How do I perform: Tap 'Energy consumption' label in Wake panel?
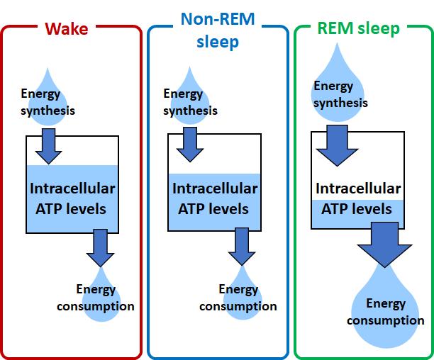point(105,298)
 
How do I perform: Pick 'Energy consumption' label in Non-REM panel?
point(238,298)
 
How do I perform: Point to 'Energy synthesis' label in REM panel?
point(340,95)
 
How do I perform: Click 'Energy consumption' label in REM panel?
point(386,312)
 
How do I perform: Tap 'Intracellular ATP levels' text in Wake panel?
point(72,199)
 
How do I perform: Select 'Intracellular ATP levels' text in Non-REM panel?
point(214,199)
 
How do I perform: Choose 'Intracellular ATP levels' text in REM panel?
point(357,199)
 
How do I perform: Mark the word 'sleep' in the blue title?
point(218,41)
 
